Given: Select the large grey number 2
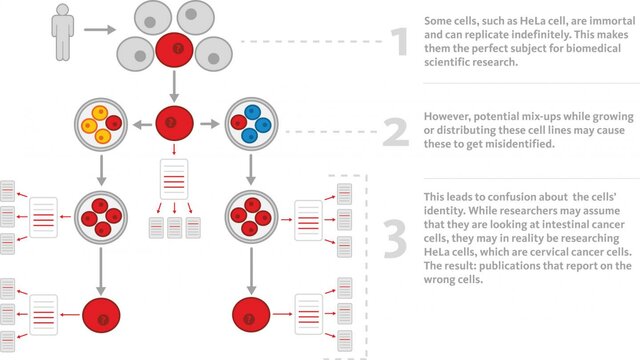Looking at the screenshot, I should pyautogui.click(x=397, y=132).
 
